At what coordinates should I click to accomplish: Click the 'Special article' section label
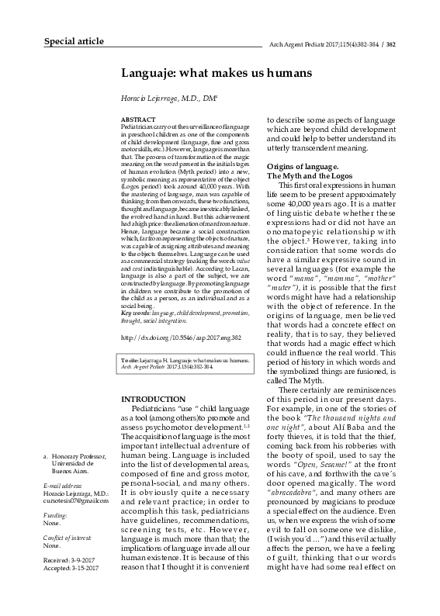[x=73, y=41]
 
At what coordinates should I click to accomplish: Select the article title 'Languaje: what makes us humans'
[x=216, y=73]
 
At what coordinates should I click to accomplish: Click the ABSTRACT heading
[x=138, y=118]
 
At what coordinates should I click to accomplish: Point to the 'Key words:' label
[x=137, y=312]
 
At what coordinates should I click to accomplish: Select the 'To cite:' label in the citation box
[x=132, y=362]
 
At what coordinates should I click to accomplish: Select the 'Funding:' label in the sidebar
[x=56, y=515]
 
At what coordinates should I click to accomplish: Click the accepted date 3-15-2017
[x=85, y=569]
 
